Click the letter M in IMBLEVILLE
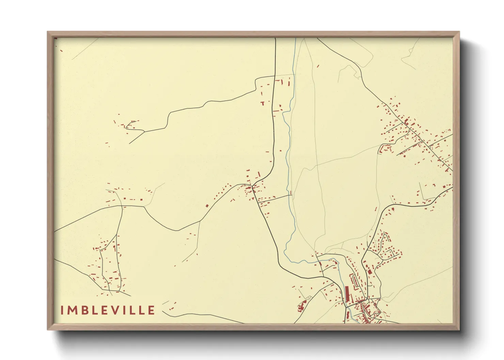[x=72, y=310]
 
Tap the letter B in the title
[x=85, y=310]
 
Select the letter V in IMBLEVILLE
[x=117, y=310]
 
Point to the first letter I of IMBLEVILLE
[x=62, y=310]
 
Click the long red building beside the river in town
[x=347, y=294]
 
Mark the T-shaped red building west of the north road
[x=263, y=103]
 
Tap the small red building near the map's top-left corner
[x=61, y=51]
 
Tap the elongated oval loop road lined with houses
[x=355, y=281]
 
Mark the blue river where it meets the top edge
[x=295, y=39]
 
